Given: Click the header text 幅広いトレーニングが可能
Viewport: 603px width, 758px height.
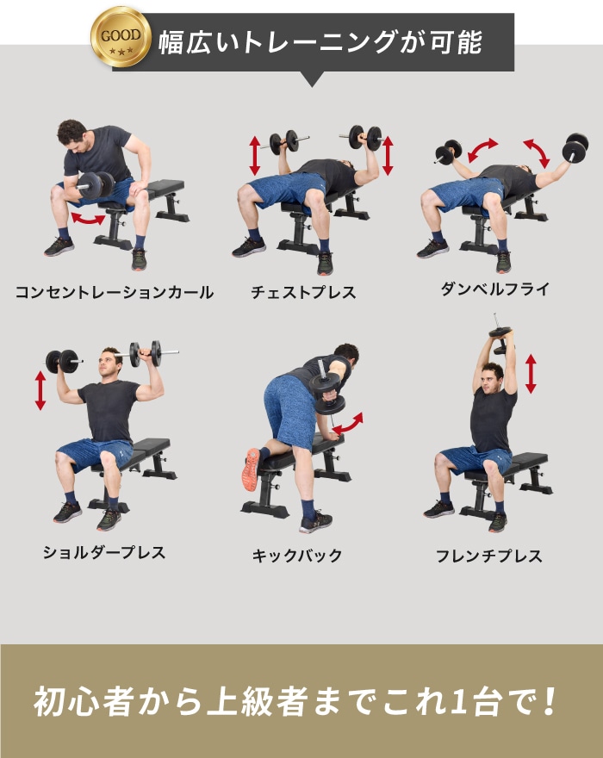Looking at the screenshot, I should click(320, 42).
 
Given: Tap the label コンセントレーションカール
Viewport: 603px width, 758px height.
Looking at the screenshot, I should click(114, 292).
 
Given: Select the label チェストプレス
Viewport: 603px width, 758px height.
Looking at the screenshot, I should click(303, 292).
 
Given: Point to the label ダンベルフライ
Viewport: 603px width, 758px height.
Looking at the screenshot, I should click(494, 289).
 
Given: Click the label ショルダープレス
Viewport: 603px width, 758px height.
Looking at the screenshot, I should click(104, 552).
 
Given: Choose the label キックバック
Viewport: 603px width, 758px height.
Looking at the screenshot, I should click(296, 556).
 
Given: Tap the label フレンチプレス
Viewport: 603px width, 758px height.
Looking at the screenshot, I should click(488, 556).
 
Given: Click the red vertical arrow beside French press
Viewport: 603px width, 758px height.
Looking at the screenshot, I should click(531, 373).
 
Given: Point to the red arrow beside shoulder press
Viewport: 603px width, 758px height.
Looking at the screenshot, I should click(40, 390).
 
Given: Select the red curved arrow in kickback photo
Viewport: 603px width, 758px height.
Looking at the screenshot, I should click(348, 423).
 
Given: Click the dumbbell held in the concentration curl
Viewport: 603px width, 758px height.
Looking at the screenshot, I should click(95, 184).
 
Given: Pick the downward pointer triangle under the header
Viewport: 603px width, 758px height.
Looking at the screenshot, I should click(312, 79).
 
